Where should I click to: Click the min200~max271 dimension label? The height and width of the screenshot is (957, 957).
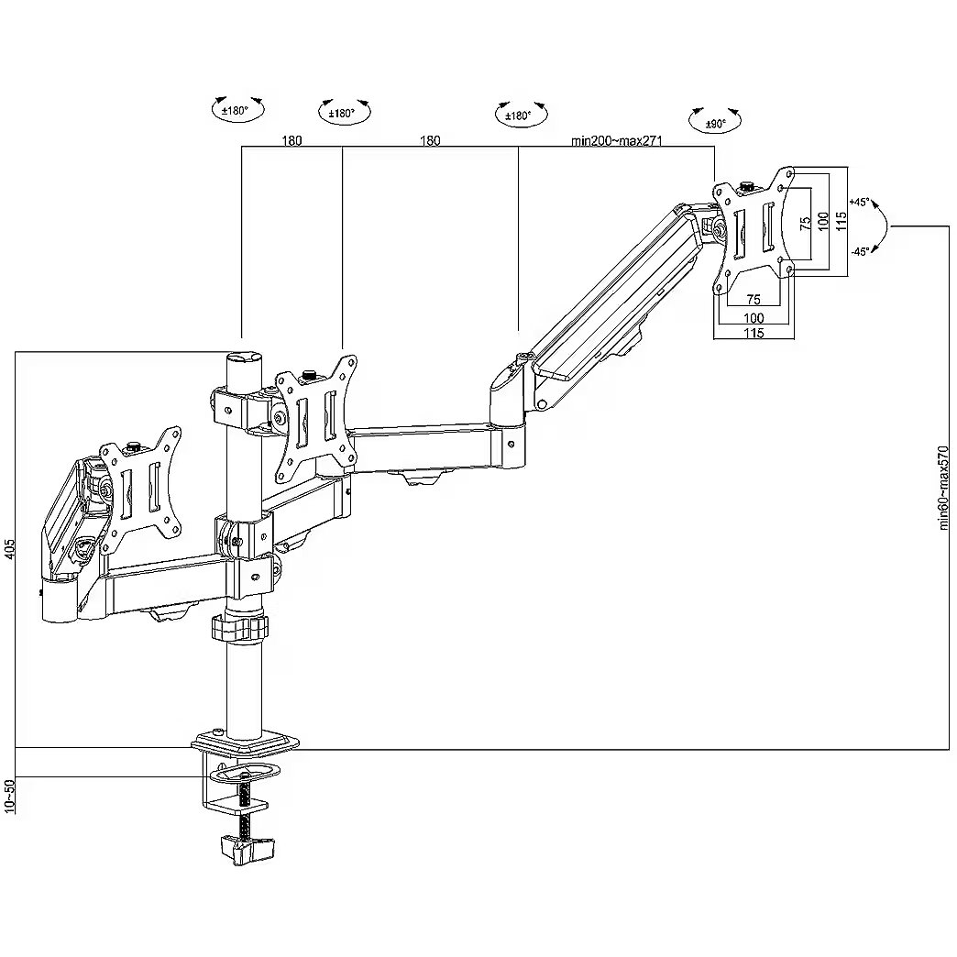point(616,140)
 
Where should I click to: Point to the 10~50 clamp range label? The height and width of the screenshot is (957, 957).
point(9,795)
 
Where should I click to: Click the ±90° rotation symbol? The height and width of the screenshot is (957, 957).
point(715,120)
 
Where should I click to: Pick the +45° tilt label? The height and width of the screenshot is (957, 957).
point(859,201)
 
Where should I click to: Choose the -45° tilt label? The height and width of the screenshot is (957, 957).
point(859,250)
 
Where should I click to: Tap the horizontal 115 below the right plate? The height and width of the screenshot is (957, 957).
point(753,334)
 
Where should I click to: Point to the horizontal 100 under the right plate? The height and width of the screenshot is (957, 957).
point(753,317)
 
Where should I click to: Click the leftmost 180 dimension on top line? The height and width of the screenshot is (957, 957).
point(291,140)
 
